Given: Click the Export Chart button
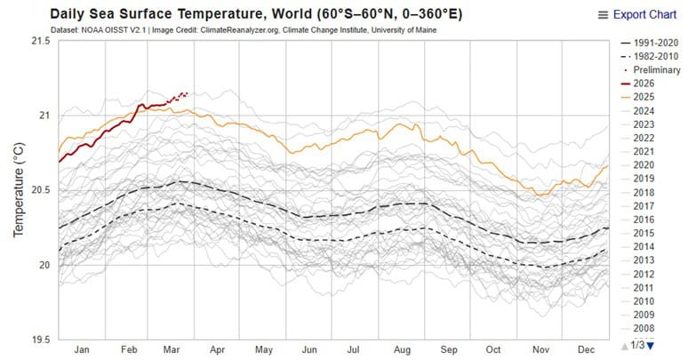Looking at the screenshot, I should (x=644, y=14).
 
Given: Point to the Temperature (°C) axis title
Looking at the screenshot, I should (x=17, y=190).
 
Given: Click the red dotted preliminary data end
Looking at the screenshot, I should (x=186, y=92).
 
